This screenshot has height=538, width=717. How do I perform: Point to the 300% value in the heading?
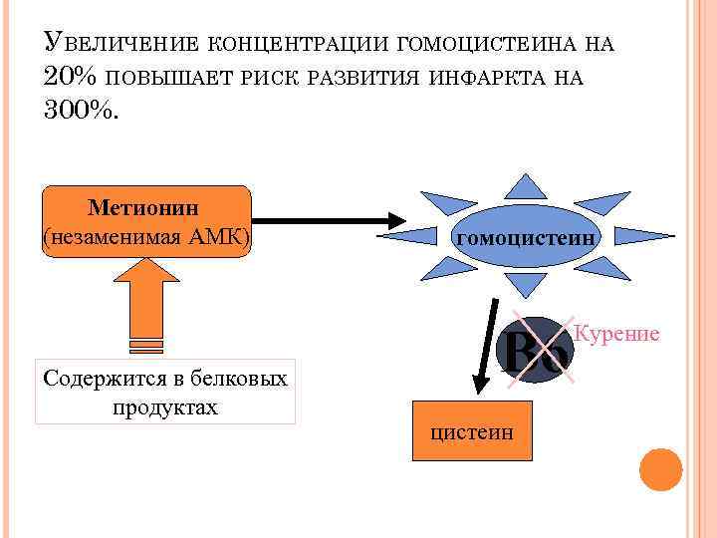[x=80, y=111]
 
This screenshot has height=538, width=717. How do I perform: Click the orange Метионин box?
[x=145, y=220]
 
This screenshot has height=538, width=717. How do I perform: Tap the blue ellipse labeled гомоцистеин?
[x=526, y=238]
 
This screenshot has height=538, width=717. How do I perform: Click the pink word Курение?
[x=617, y=333]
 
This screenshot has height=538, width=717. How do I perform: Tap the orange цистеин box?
[x=472, y=431]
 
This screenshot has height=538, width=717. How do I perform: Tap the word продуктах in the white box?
[x=165, y=407]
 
